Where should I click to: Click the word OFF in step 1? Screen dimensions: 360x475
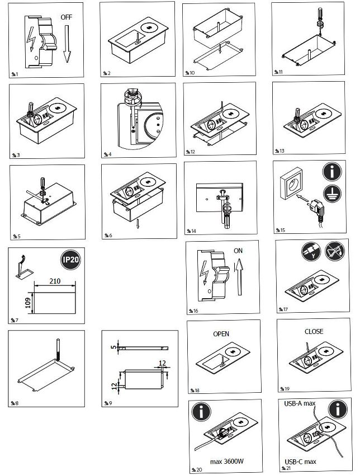click(67, 17)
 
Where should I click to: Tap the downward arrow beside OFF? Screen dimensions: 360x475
click(67, 44)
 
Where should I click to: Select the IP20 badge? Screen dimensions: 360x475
click(70, 260)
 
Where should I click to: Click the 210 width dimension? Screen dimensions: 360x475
click(55, 281)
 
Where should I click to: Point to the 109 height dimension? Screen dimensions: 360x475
click(28, 303)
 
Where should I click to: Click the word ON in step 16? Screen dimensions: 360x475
click(238, 251)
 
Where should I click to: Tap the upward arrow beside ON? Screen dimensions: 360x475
click(239, 277)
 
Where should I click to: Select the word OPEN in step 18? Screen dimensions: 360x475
click(221, 334)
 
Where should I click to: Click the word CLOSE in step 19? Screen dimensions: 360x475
click(314, 332)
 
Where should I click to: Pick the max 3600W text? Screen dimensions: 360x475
click(227, 462)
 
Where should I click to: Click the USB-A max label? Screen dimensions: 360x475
click(300, 403)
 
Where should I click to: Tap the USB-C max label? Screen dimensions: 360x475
click(300, 462)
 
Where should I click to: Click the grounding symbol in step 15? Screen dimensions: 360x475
click(332, 194)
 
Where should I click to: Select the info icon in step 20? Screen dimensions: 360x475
click(201, 411)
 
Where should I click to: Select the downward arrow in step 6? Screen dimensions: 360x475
click(138, 224)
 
